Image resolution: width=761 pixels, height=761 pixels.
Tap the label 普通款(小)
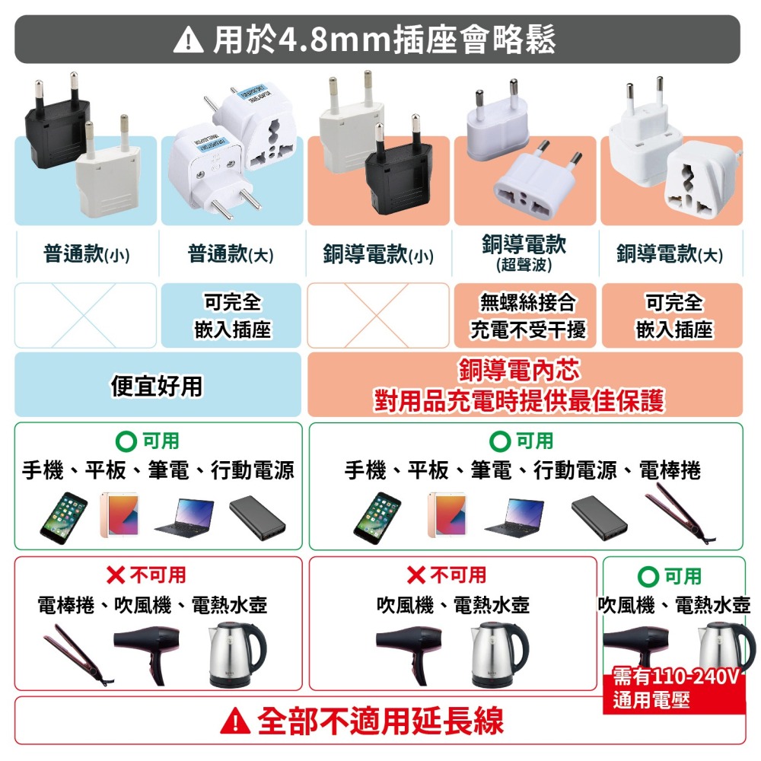pyautogui.click(x=86, y=254)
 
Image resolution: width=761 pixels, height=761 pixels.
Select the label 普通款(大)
pyautogui.click(x=231, y=254)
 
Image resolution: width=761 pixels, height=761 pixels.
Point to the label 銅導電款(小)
pyautogui.click(x=377, y=255)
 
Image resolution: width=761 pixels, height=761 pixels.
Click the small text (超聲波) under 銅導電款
pyautogui.click(x=524, y=265)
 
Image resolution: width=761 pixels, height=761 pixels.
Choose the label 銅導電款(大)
pyautogui.click(x=670, y=254)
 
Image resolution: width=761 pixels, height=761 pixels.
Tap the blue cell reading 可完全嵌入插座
pyautogui.click(x=232, y=316)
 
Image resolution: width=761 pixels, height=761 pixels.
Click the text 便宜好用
pyautogui.click(x=158, y=386)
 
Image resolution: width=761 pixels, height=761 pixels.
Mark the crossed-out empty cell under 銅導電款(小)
pyautogui.click(x=378, y=316)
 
